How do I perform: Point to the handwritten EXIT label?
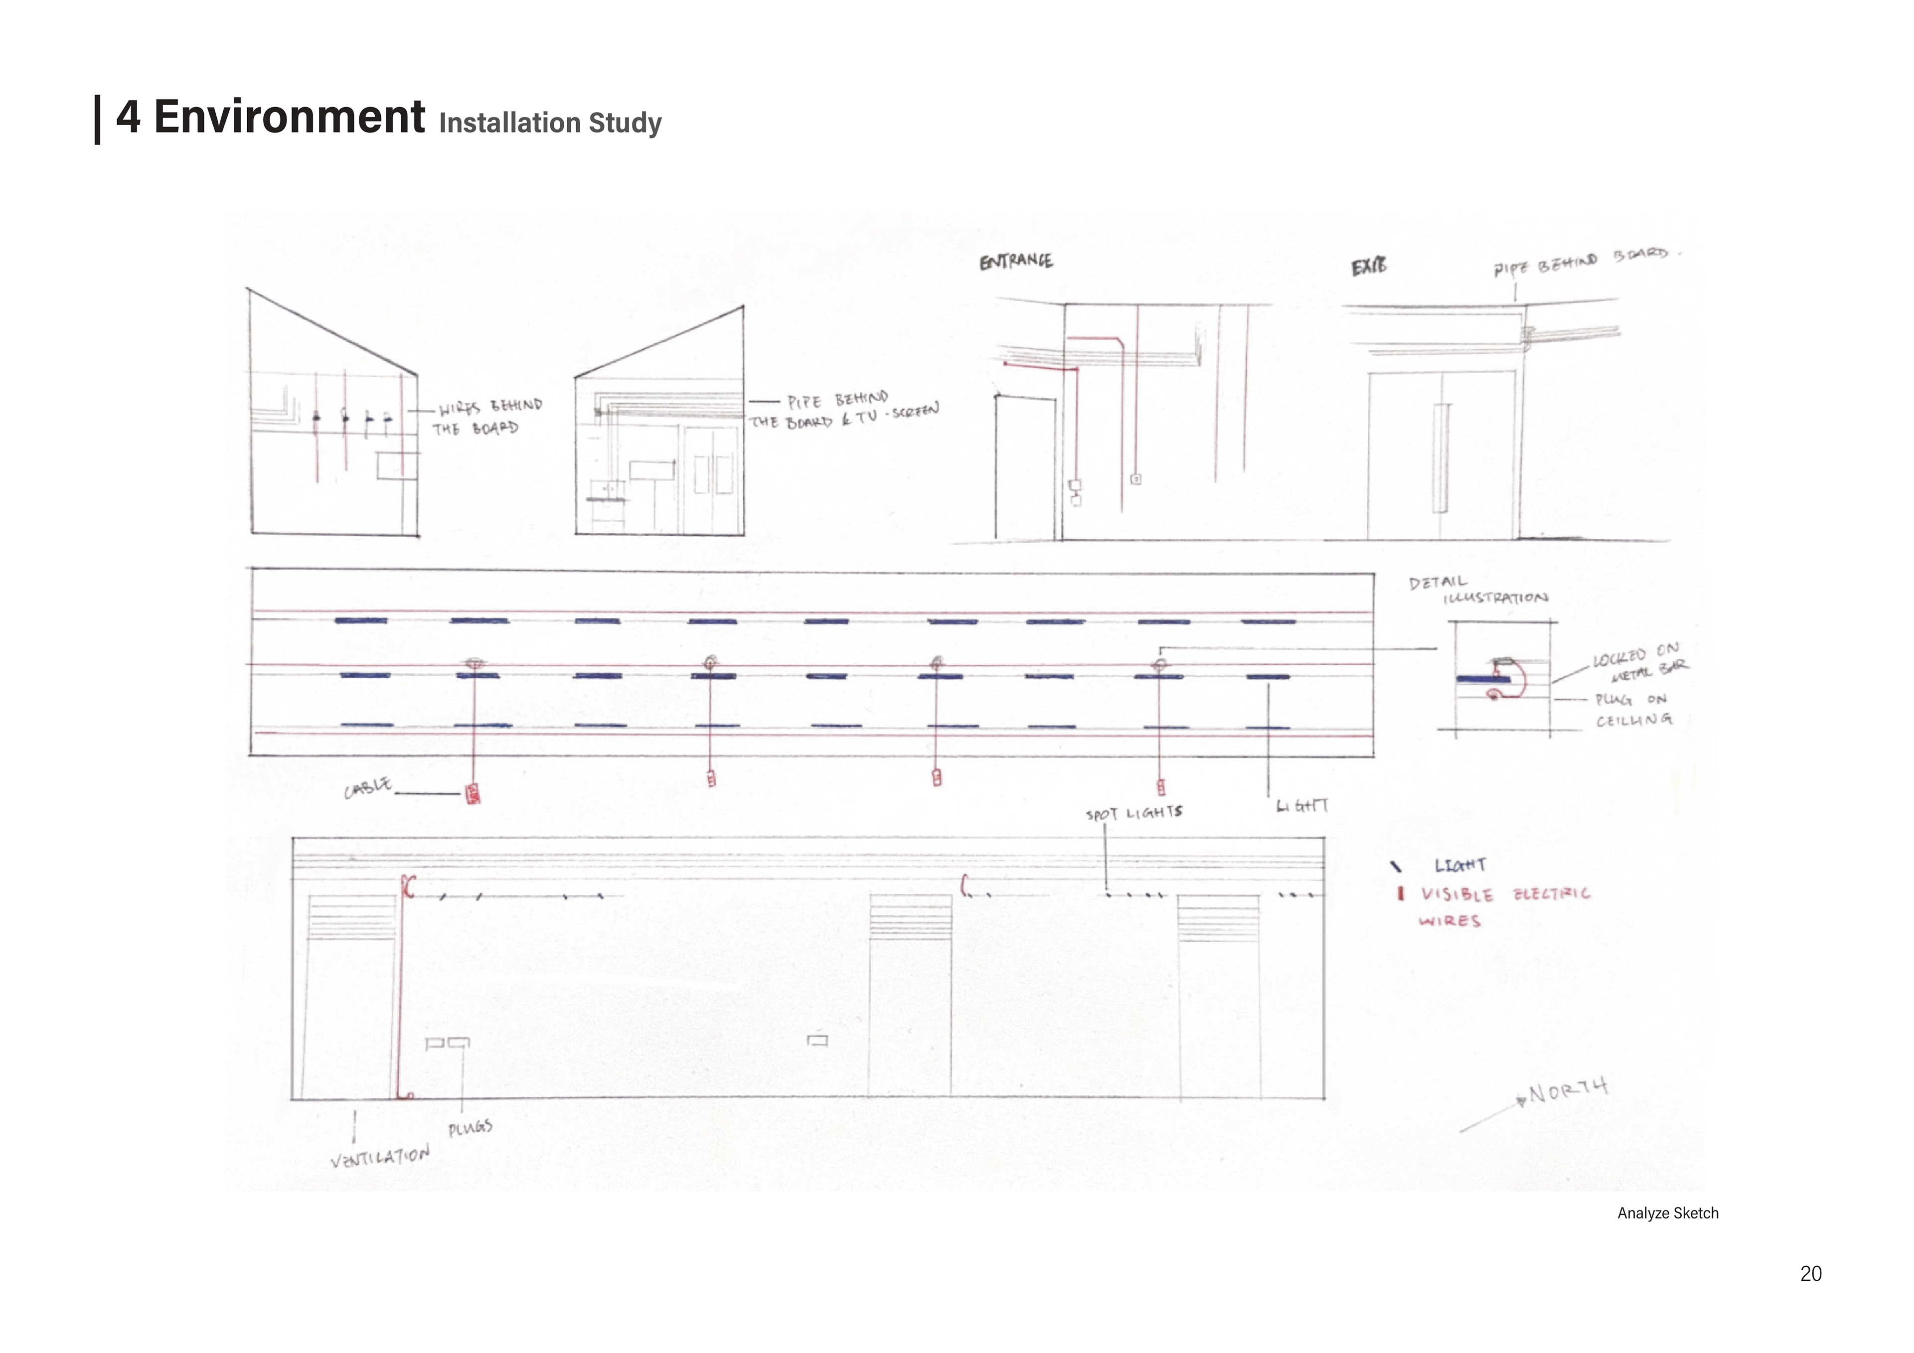point(1369,267)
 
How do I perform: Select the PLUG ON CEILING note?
point(1632,710)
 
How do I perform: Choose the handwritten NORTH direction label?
point(1567,1090)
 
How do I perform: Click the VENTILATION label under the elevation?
point(380,1156)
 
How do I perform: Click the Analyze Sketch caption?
point(1667,1213)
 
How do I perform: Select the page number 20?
point(1811,1273)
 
